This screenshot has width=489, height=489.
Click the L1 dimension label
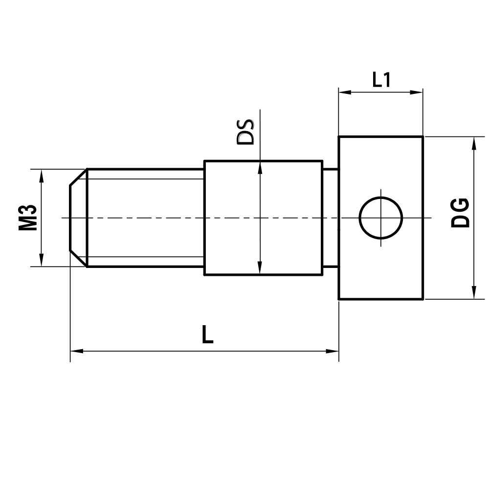point(381,80)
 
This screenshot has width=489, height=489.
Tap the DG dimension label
point(461,213)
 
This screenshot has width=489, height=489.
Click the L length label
point(208,335)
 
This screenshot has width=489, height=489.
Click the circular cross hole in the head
point(381,218)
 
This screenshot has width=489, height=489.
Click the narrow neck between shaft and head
point(331,218)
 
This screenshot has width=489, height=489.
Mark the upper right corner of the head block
point(422,137)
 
